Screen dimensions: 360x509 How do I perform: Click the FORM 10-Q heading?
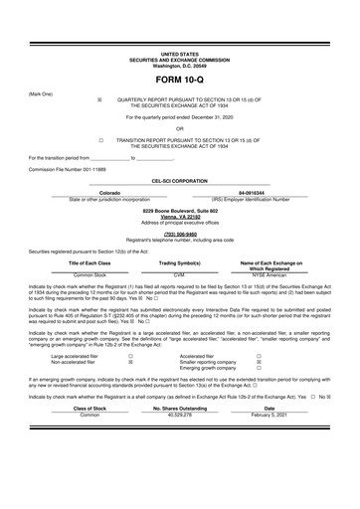179,79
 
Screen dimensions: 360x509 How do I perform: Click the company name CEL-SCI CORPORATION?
179,180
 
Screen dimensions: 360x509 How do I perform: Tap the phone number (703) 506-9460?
179,235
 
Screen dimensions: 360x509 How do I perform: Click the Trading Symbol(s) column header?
180,262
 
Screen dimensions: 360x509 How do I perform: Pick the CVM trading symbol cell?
180,273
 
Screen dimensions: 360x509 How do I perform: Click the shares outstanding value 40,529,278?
180,441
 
